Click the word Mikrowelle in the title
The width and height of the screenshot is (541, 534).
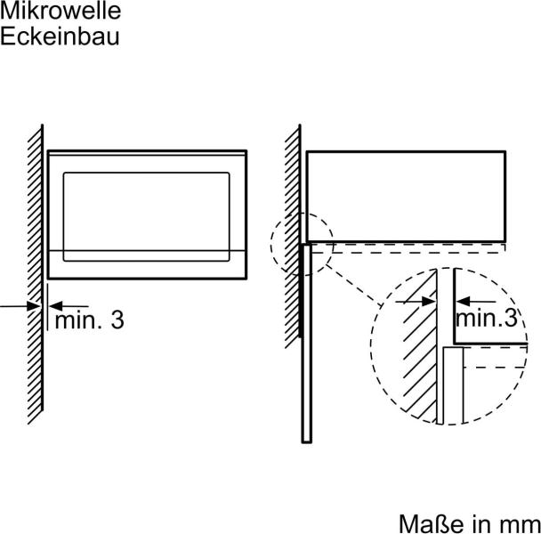coord(61,11)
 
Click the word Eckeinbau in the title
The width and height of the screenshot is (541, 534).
coord(60,36)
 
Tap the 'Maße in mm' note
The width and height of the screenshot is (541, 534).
coord(470,524)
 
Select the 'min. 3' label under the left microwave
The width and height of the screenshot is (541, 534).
coord(89,320)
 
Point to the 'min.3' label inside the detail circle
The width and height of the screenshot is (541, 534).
coord(487,318)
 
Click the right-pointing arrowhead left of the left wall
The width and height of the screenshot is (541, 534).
coord(34,306)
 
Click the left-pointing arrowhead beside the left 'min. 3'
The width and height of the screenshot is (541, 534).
coord(56,306)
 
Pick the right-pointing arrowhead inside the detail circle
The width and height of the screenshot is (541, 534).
coord(429,302)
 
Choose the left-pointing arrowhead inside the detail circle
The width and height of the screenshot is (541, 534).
coord(463,302)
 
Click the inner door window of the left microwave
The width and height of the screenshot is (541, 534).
coord(146,216)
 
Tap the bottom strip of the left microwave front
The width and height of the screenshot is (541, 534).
coord(147,264)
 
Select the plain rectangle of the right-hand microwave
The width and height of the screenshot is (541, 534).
coord(406,196)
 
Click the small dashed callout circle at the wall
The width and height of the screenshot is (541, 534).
coord(302,244)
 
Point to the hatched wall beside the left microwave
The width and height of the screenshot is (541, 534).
coord(36,274)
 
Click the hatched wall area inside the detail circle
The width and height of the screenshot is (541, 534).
coord(418,345)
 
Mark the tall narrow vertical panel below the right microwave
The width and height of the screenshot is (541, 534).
coord(306,344)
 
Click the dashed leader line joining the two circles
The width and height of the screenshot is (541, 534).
coord(353,285)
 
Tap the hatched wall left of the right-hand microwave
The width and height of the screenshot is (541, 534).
coord(293,236)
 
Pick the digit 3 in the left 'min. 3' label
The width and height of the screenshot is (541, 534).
coord(117,320)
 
